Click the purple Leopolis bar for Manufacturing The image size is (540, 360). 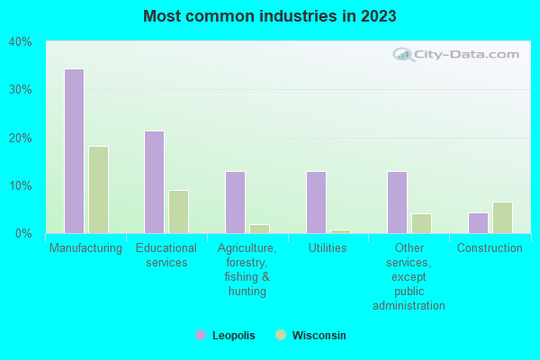[x=74, y=151]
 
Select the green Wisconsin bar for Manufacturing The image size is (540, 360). [x=98, y=190]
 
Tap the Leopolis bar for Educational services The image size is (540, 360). [x=155, y=182]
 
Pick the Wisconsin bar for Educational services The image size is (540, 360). [x=178, y=211]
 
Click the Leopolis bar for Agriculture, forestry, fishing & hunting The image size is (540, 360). [x=235, y=202]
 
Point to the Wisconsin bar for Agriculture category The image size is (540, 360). [x=259, y=229]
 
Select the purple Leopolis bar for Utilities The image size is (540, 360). [x=316, y=202]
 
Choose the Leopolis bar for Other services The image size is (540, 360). [x=397, y=202]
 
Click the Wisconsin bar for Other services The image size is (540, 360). [x=421, y=223]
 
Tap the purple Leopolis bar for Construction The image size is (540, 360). [x=478, y=223]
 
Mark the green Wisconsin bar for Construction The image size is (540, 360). [x=502, y=218]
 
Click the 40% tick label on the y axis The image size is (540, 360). [x=20, y=41]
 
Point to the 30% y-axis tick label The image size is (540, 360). [x=20, y=90]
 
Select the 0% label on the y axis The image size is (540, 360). [x=22, y=234]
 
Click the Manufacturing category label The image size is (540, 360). [x=85, y=247]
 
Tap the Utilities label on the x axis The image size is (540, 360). [x=328, y=247]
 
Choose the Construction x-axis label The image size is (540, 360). [x=490, y=247]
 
